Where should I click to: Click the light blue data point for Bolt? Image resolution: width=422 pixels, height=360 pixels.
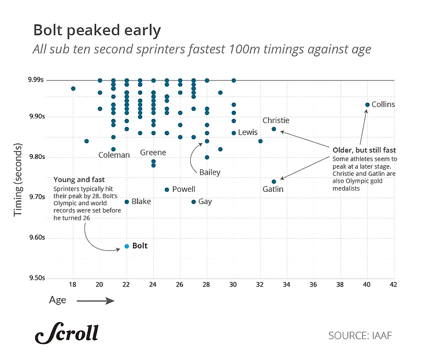tap(127, 246)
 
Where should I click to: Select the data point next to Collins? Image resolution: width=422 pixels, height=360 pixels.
tap(367, 105)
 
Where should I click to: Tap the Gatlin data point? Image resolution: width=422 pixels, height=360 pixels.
tap(274, 181)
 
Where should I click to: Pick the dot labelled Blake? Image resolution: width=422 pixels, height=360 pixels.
tap(127, 202)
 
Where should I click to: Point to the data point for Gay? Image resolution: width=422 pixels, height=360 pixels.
tap(194, 202)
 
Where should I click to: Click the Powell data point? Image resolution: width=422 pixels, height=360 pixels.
tap(167, 190)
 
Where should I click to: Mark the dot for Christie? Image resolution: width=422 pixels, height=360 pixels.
tap(274, 129)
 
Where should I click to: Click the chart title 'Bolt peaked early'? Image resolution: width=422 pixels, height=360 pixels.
tap(97, 30)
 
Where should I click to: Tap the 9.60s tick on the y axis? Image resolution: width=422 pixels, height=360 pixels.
tap(38, 237)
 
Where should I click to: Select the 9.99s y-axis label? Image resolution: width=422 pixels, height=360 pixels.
tap(38, 80)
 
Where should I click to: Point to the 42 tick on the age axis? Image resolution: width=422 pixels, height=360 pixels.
tap(394, 284)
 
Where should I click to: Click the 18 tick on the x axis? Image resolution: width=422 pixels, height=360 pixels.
tap(73, 284)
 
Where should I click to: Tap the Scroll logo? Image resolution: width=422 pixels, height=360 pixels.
tap(66, 334)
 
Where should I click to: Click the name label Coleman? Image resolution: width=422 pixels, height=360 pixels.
tap(114, 155)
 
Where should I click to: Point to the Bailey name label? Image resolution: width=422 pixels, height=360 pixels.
tap(210, 172)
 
